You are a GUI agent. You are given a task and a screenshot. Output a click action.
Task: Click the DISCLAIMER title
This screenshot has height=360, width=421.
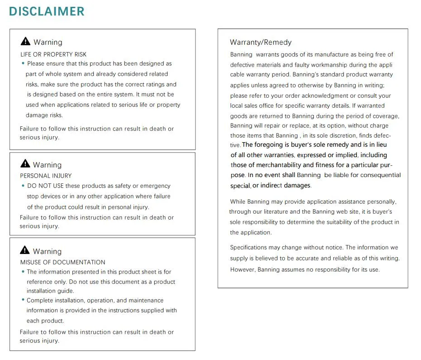click(x=47, y=11)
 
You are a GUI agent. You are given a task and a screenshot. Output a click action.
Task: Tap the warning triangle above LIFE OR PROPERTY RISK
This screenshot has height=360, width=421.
click(x=26, y=42)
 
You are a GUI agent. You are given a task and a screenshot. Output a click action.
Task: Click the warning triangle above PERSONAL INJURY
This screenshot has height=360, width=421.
click(x=25, y=164)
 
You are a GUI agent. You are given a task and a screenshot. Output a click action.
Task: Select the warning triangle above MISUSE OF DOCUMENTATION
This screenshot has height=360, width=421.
click(x=25, y=250)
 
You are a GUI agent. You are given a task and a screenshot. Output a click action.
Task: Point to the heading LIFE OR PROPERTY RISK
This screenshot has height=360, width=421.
click(x=53, y=54)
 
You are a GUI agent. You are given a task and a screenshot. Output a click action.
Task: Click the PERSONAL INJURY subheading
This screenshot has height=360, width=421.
click(x=46, y=176)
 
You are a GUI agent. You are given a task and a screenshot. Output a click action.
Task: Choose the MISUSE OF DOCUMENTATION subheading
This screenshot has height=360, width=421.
click(x=62, y=262)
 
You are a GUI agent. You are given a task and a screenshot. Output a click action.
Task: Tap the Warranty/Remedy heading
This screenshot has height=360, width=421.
click(x=261, y=43)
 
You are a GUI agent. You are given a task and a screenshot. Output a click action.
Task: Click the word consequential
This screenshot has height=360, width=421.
click(x=379, y=175)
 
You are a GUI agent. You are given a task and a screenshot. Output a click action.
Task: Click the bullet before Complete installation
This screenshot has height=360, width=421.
click(x=23, y=300)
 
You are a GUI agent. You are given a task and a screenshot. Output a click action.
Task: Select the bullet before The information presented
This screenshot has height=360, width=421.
click(x=23, y=272)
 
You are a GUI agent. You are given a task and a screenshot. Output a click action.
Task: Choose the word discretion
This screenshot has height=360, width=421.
click(x=341, y=135)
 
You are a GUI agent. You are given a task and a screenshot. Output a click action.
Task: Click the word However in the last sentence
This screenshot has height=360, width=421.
click(x=243, y=269)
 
